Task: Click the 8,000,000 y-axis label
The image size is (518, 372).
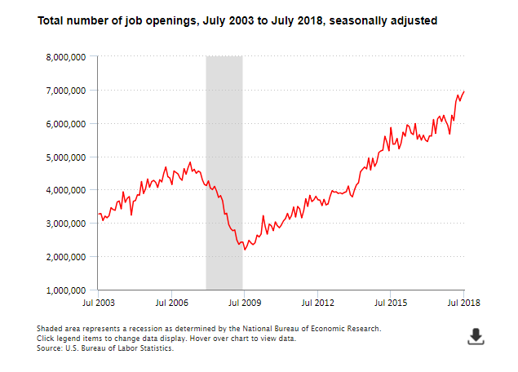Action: click(x=66, y=57)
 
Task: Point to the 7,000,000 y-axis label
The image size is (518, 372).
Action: click(x=66, y=91)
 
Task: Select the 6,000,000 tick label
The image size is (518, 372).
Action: click(x=66, y=124)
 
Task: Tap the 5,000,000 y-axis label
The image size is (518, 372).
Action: click(x=66, y=157)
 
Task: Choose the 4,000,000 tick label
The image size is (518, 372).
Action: click(x=66, y=190)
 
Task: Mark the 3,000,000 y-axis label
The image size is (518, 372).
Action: click(x=66, y=224)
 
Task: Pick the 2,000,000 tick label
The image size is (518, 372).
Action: click(x=66, y=257)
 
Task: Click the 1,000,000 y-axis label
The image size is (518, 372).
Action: click(x=66, y=290)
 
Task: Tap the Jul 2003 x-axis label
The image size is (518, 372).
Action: click(x=100, y=303)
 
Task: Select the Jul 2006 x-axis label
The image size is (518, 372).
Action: click(x=171, y=303)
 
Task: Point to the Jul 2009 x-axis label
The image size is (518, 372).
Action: click(x=244, y=303)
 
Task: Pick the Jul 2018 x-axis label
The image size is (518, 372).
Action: click(x=463, y=303)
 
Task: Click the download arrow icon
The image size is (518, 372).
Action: click(x=476, y=336)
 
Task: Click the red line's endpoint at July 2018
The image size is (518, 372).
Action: click(x=464, y=91)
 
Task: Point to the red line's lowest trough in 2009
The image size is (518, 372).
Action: click(x=244, y=250)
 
